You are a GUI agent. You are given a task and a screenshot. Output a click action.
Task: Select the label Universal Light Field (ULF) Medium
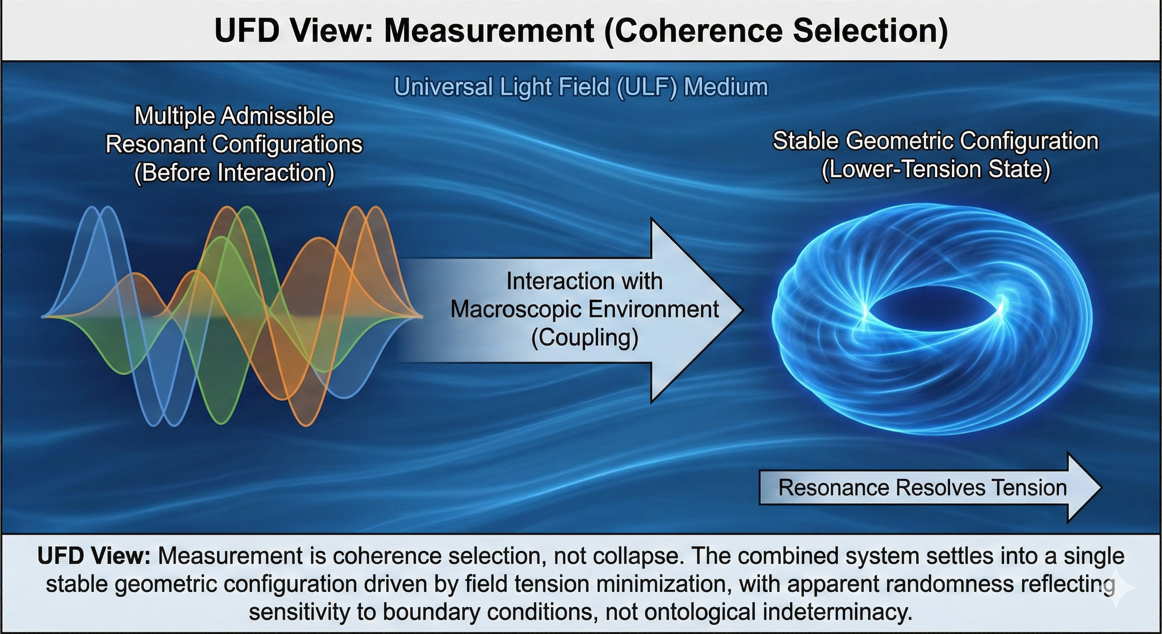point(581,87)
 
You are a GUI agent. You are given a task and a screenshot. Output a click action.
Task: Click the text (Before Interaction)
point(234,173)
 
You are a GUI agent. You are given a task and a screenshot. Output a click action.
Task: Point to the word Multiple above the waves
point(176,116)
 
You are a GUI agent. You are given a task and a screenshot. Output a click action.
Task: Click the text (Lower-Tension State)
point(936,169)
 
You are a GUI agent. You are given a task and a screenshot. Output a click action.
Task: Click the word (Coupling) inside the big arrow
point(585,338)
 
